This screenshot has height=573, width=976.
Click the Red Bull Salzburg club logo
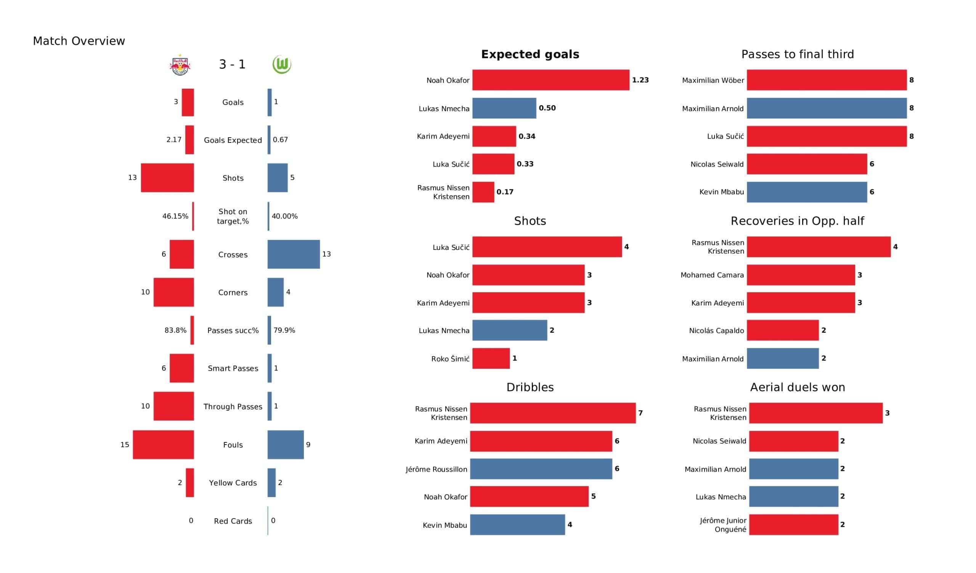click(180, 65)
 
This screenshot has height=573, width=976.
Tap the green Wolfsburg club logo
click(282, 64)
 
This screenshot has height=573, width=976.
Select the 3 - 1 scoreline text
click(232, 64)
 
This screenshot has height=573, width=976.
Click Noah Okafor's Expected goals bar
click(551, 80)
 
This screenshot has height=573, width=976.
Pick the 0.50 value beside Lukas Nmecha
click(547, 108)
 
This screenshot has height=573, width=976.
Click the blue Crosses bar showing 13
click(294, 254)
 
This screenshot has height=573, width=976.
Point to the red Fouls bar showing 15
click(163, 445)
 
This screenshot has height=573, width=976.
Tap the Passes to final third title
click(797, 54)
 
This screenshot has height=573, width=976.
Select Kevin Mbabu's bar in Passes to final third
click(806, 192)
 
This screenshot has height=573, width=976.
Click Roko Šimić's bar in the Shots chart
click(491, 359)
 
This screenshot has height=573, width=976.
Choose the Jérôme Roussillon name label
click(436, 469)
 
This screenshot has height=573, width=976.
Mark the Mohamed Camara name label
click(712, 275)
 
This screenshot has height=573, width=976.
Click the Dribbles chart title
click(530, 387)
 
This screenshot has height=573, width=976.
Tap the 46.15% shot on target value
click(175, 216)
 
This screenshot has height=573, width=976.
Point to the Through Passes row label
click(233, 407)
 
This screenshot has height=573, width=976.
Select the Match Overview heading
click(79, 41)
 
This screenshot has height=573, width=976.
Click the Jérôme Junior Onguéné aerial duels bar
click(793, 525)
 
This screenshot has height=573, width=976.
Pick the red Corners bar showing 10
click(173, 292)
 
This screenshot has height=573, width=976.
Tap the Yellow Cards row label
click(233, 483)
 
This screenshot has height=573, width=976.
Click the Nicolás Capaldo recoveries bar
click(782, 331)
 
